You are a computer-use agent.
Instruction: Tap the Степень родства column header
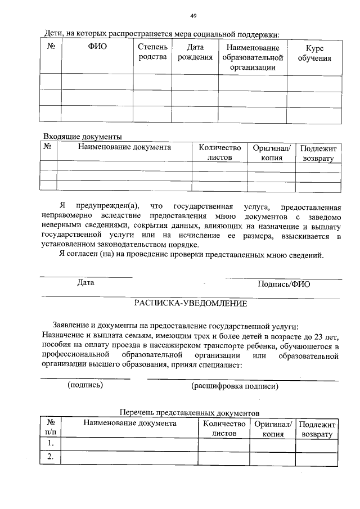coord(152,52)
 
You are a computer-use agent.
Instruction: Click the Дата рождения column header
coord(195,52)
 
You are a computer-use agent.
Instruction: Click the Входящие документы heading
coord(83,137)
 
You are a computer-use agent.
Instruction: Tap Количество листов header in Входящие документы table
coord(219,152)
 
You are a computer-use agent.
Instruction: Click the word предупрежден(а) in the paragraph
coord(109,206)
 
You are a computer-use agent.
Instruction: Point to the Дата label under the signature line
coord(85,283)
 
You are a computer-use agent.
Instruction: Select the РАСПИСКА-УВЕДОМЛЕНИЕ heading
coord(190,303)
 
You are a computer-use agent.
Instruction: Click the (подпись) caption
coord(85,385)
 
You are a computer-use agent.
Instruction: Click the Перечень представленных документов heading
coord(191,412)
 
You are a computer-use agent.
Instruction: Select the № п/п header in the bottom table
coord(51,428)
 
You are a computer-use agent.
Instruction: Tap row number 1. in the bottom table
coord(51,444)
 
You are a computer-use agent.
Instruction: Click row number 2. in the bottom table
coord(51,457)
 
